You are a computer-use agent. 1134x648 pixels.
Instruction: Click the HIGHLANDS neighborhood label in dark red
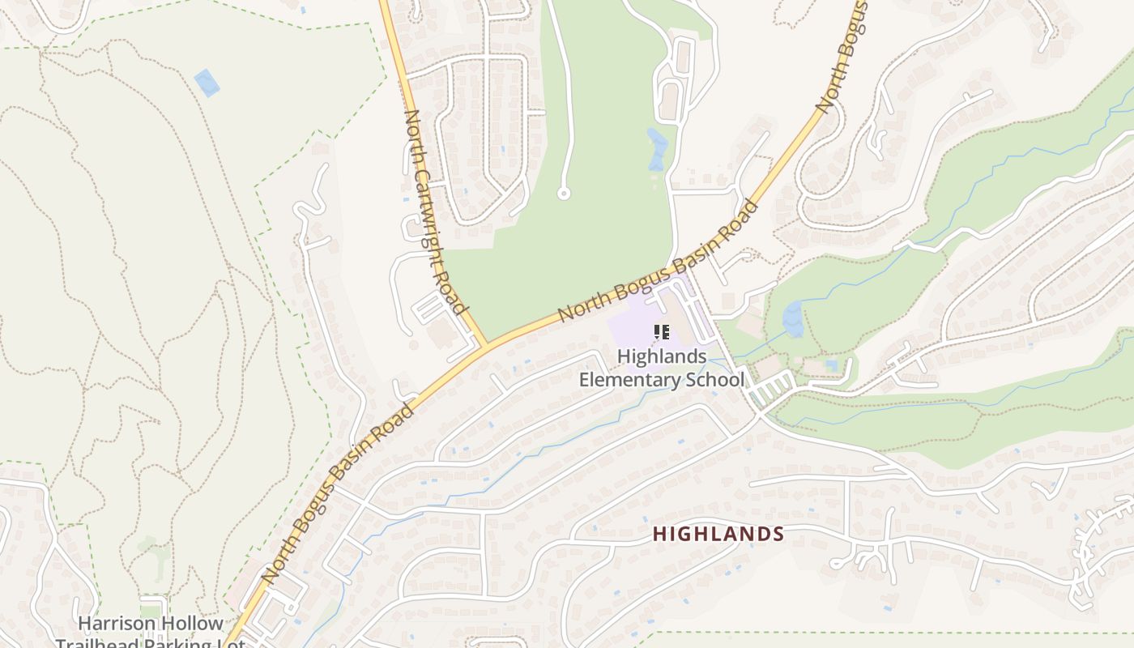(718, 534)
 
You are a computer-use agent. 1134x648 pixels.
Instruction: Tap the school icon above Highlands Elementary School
(662, 332)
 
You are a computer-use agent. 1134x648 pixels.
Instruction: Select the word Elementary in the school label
(629, 379)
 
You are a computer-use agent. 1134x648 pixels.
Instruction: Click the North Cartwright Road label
(435, 212)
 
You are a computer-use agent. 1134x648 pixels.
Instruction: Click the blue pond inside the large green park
(657, 149)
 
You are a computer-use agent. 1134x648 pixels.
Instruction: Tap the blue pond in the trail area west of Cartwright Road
(207, 83)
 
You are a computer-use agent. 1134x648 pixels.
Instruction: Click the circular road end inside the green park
(564, 194)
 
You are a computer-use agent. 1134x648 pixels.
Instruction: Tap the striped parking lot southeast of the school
(769, 389)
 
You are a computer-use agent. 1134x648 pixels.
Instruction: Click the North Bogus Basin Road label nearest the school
(658, 262)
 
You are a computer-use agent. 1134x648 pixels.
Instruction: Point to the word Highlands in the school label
(662, 356)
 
